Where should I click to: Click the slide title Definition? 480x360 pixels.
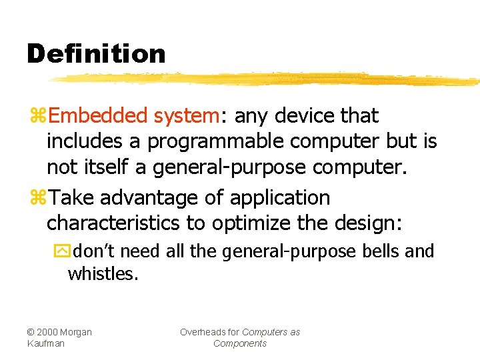pos(96,54)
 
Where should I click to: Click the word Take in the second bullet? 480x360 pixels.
pos(71,198)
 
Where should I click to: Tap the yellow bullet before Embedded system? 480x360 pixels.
pos(37,117)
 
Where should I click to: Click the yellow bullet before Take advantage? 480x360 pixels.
pos(37,199)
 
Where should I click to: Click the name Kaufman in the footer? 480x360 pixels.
pos(46,343)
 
